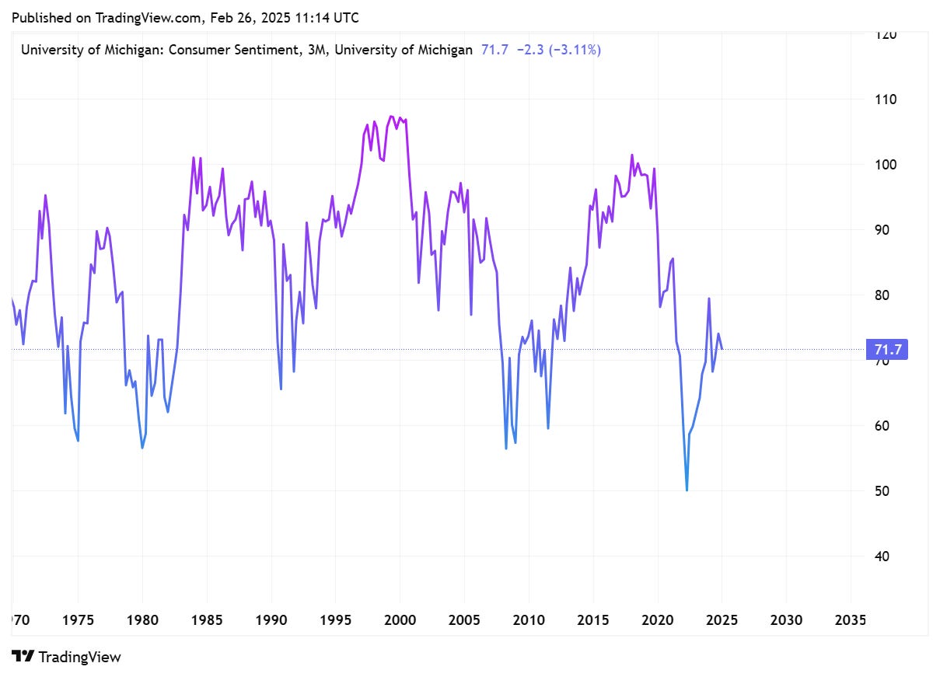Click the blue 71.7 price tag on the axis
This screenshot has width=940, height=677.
(x=886, y=350)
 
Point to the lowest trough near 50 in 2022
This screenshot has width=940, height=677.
(x=687, y=490)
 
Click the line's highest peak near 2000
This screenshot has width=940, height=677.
(x=392, y=117)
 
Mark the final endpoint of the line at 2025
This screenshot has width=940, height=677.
(x=722, y=349)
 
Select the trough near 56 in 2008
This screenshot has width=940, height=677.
(x=506, y=448)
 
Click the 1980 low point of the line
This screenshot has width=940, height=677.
(x=142, y=448)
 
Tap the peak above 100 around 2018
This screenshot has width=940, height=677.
(x=632, y=155)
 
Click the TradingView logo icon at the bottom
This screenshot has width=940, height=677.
(x=23, y=657)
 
